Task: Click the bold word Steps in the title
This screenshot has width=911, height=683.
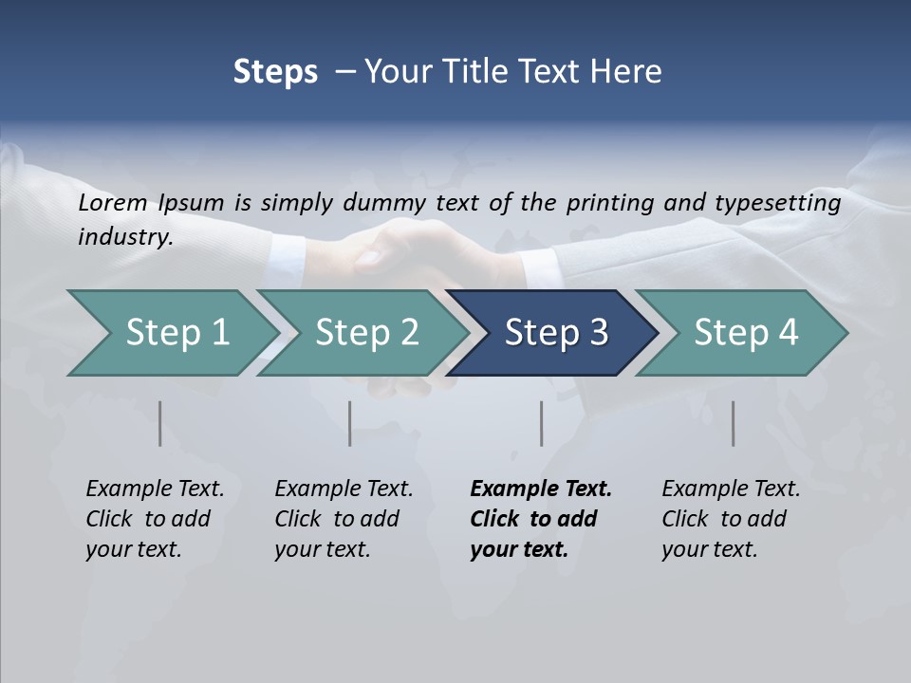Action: click(x=275, y=72)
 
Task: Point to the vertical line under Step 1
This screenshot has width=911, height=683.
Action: click(x=160, y=423)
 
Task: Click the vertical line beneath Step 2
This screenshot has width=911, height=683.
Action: click(x=350, y=423)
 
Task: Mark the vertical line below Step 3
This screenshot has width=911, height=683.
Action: click(x=542, y=423)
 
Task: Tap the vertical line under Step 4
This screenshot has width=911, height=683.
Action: click(x=734, y=423)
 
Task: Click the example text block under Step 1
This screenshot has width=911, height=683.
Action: click(x=155, y=519)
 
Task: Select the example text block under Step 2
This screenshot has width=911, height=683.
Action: click(x=344, y=519)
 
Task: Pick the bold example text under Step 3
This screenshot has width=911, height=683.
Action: click(x=541, y=519)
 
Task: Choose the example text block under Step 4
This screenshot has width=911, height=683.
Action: click(x=731, y=519)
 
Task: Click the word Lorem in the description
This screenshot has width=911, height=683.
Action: click(x=113, y=202)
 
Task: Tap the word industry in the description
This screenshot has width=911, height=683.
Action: click(x=125, y=236)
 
